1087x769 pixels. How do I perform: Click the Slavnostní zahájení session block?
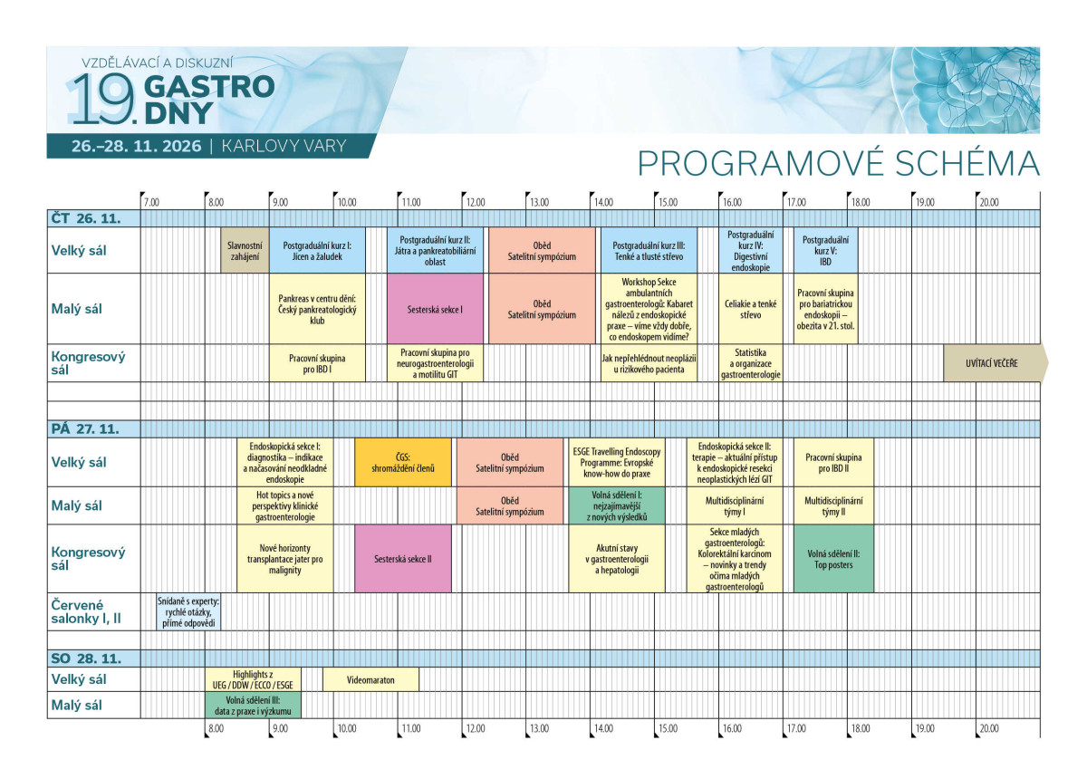pos(245,250)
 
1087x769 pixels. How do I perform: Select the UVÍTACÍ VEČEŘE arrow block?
pos(996,363)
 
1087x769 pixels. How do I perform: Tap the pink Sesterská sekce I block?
pos(436,309)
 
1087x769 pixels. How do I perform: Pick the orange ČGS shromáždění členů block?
pos(403,462)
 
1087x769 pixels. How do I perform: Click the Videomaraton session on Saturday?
pos(370,679)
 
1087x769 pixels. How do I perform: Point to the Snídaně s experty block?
pos(188,611)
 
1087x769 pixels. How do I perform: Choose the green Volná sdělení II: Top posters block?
pos(833,559)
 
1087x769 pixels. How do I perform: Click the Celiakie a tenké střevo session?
pos(751,309)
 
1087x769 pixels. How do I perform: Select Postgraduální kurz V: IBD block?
pos(826,250)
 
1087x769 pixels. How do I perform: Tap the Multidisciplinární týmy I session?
pos(735,505)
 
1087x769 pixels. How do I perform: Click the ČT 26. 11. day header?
pos(86,218)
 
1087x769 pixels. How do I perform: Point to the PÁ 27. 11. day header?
pos(85,429)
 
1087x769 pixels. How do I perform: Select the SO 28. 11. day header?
pos(86,658)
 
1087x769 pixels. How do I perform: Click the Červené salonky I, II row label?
pos(86,611)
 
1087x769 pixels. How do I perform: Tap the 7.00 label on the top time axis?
pos(151,202)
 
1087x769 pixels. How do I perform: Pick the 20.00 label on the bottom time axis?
pos(989,728)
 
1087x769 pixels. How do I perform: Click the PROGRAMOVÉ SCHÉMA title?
pos(839,164)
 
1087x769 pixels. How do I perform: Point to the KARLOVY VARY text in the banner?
pos(284,146)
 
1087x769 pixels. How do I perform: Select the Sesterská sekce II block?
pos(403,559)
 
